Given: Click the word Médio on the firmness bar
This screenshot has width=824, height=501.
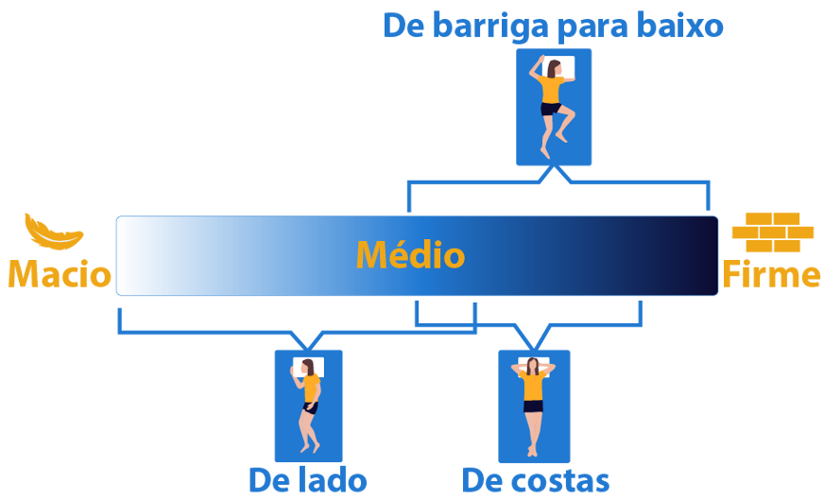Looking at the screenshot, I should pos(410,256).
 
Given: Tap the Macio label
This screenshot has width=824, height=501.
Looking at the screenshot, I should pos(59,275).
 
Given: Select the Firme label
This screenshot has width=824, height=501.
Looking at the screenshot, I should pos(771,275).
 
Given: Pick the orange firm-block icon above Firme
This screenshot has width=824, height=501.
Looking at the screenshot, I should pos(772,232).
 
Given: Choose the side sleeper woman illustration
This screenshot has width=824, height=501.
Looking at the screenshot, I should pos(308,405).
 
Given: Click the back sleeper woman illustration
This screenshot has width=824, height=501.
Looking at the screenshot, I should pos(534,405).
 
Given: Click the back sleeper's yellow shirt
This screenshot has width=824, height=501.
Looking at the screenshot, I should pos(534,387).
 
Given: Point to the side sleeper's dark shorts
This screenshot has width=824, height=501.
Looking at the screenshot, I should pos(309,408).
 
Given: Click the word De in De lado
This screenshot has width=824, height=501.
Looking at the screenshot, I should pos(266,480).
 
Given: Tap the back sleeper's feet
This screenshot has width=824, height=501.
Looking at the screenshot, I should pos(534,448).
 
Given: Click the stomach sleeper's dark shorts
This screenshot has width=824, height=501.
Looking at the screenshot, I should pos(550,109).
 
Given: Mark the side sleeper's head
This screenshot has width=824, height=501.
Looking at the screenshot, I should pos(308,367).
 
